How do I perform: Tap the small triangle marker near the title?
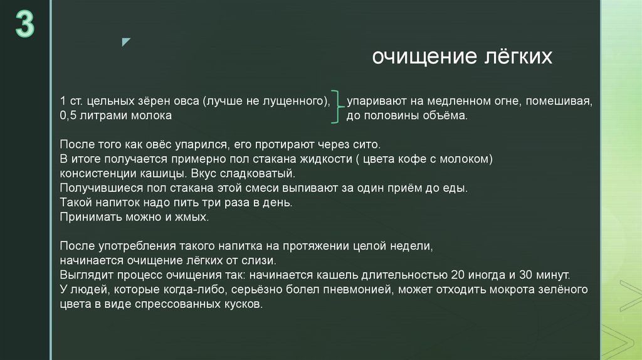pyautogui.click(x=126, y=42)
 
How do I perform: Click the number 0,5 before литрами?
pyautogui.click(x=68, y=116)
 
